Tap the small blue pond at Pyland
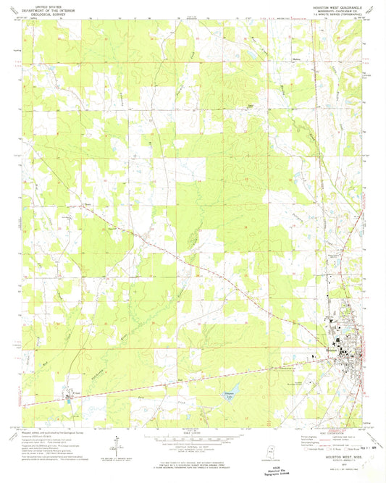(68, 396)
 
